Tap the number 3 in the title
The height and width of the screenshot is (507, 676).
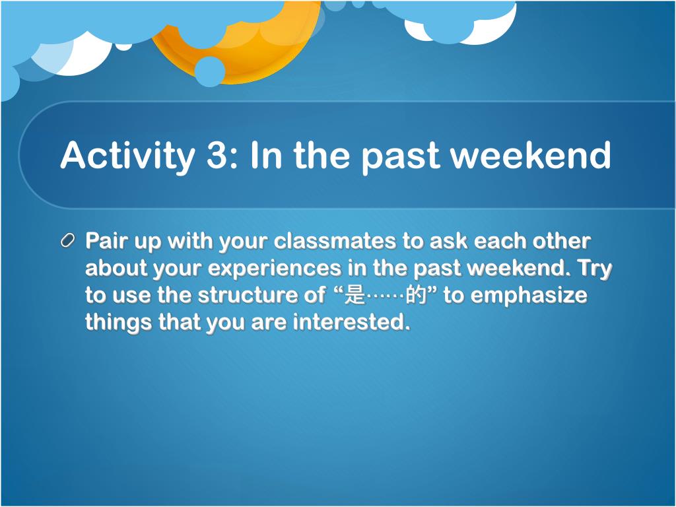pyautogui.click(x=217, y=155)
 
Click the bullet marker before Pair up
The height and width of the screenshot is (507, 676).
pyautogui.click(x=68, y=240)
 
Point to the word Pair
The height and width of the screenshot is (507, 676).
pyautogui.click(x=107, y=240)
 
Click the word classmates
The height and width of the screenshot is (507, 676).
pyautogui.click(x=335, y=240)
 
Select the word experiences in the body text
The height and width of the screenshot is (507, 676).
pyautogui.click(x=275, y=268)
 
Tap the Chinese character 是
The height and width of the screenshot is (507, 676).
pyautogui.click(x=355, y=296)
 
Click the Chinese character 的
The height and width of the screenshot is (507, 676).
pyautogui.click(x=416, y=296)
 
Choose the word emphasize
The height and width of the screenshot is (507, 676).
pyautogui.click(x=529, y=296)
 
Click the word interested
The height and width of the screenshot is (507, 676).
pyautogui.click(x=351, y=322)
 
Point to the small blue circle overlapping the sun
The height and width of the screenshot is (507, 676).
pyautogui.click(x=209, y=71)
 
